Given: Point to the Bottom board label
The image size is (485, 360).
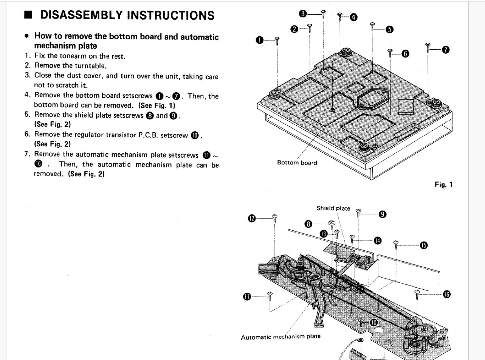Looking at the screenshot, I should [297, 163].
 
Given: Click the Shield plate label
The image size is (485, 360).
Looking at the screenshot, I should [333, 208].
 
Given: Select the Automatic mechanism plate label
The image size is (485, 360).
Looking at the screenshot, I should [280, 337].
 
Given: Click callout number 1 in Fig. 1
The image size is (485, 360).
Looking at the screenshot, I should [259, 40].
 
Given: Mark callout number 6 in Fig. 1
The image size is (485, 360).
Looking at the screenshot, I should [405, 54].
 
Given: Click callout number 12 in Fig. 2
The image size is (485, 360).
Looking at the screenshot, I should [252, 218].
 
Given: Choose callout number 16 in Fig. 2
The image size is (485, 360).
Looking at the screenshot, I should [447, 294].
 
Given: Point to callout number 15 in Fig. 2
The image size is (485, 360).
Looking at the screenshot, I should [424, 245].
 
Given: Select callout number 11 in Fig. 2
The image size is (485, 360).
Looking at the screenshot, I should [247, 297].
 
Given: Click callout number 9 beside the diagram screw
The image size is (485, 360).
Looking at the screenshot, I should [382, 214].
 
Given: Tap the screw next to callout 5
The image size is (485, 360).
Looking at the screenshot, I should [373, 26].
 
